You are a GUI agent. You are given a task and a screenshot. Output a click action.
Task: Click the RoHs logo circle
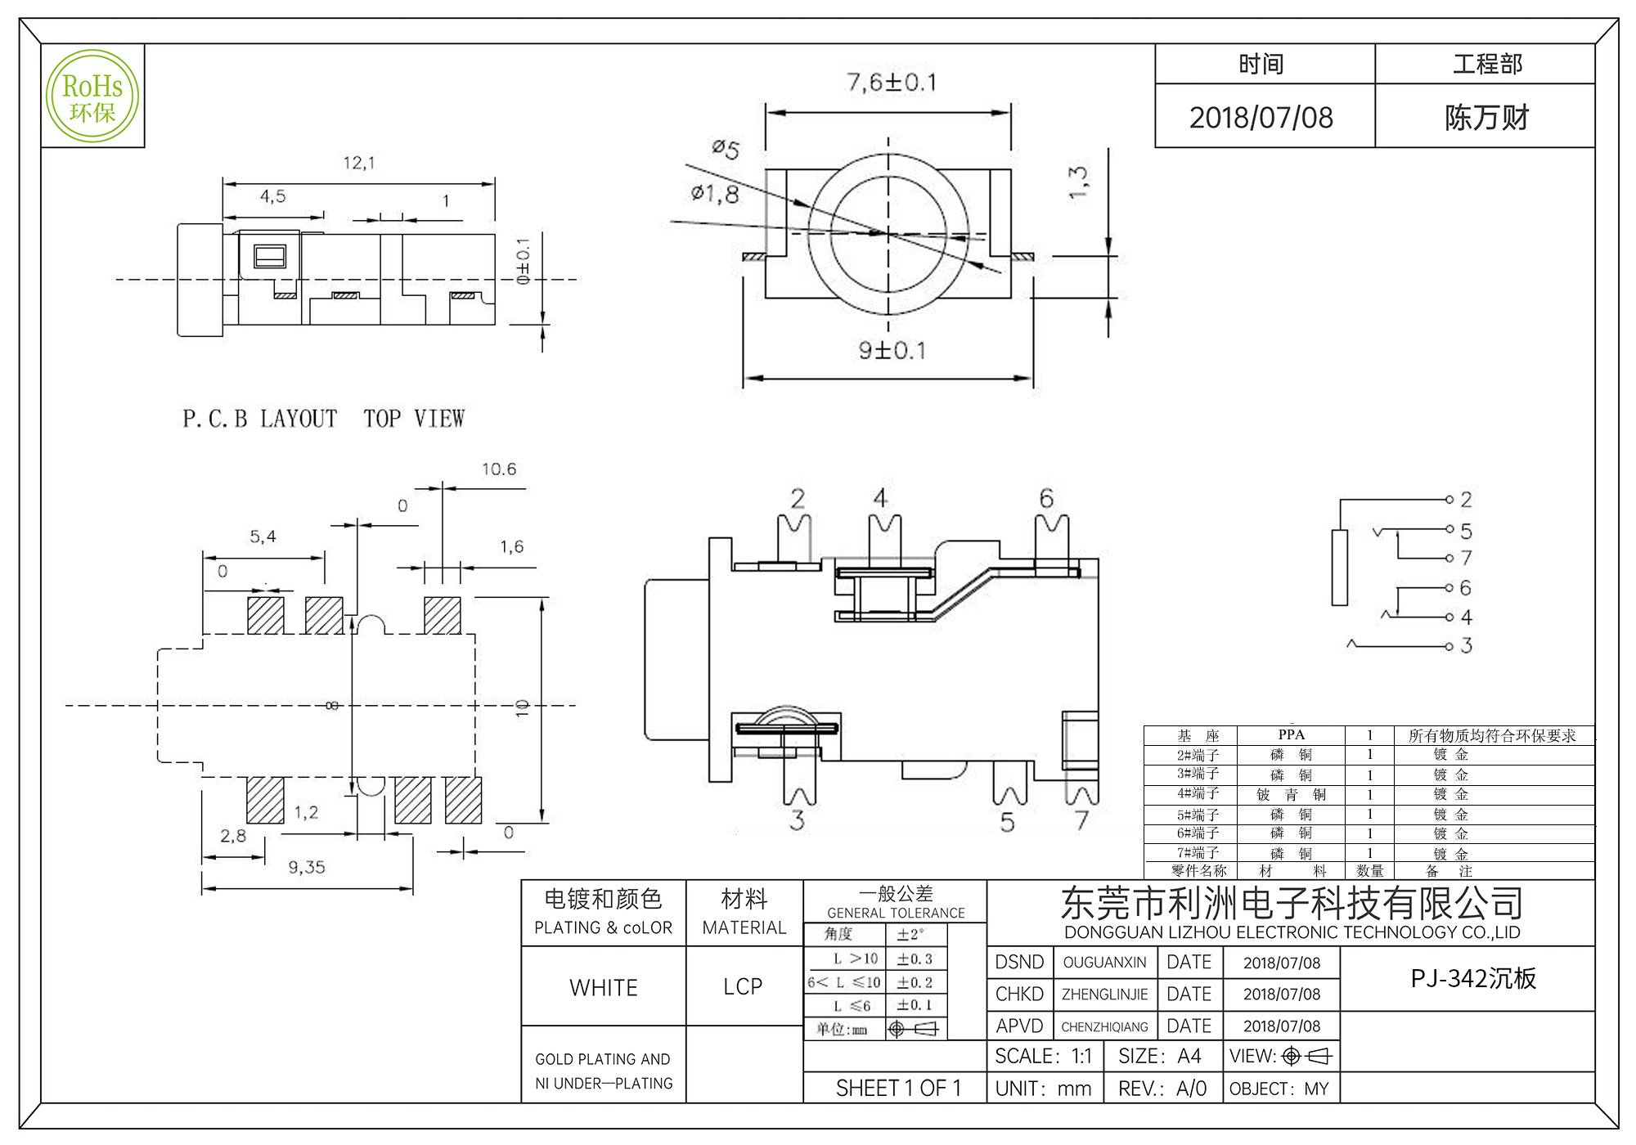[x=92, y=96]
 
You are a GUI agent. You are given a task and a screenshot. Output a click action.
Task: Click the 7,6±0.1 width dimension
[x=891, y=83]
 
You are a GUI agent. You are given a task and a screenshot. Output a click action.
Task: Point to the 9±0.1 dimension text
[x=892, y=351]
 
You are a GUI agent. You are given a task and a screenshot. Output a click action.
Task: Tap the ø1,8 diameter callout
[x=715, y=194]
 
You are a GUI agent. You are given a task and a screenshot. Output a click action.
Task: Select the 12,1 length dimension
[x=359, y=163]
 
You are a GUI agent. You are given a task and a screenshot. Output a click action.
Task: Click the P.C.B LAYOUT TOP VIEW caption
[x=323, y=419]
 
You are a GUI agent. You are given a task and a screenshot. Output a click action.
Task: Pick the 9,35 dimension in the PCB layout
[x=307, y=867]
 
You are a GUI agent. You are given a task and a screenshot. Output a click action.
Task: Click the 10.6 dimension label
[x=498, y=469]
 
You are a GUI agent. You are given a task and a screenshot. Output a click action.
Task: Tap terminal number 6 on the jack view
[x=1046, y=498]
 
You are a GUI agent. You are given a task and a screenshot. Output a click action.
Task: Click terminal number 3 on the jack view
[x=797, y=820]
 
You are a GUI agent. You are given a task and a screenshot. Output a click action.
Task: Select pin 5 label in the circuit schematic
[x=1466, y=532]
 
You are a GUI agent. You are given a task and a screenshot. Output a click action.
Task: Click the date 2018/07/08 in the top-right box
[x=1261, y=118]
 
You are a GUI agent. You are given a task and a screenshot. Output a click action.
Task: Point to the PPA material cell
[x=1291, y=734]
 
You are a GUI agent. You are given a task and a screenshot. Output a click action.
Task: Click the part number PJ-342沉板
[x=1473, y=978]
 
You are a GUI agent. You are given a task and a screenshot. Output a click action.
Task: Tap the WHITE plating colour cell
[x=604, y=988]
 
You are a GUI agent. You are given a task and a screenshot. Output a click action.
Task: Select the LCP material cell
[x=743, y=987]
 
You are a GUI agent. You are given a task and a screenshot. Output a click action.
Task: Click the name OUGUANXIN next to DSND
[x=1104, y=963]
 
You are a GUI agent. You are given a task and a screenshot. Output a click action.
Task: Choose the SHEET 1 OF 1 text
[x=898, y=1089]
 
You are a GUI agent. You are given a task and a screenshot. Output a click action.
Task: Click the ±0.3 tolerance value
[x=915, y=959]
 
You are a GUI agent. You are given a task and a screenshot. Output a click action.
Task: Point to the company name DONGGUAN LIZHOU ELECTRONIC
[x=1292, y=932]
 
